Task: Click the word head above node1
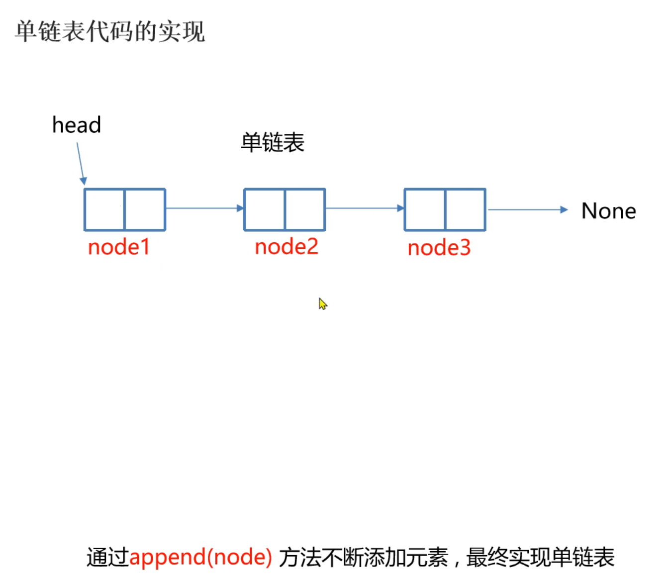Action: pyautogui.click(x=77, y=125)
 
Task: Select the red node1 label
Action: pyautogui.click(x=118, y=247)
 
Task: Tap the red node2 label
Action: pyautogui.click(x=286, y=247)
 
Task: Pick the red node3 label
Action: pyautogui.click(x=439, y=248)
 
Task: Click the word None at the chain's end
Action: pyautogui.click(x=608, y=211)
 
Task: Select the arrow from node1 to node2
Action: pyautogui.click(x=204, y=208)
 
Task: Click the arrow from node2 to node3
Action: pyautogui.click(x=365, y=208)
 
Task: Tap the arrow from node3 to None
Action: pyautogui.click(x=527, y=209)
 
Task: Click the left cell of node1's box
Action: pyautogui.click(x=104, y=209)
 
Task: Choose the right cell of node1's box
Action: pyautogui.click(x=145, y=209)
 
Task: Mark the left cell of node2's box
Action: pyautogui.click(x=264, y=209)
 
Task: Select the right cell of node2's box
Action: pyautogui.click(x=305, y=209)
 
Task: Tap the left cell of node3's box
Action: pyautogui.click(x=424, y=209)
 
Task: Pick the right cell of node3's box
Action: pyautogui.click(x=465, y=209)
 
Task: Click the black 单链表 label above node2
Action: pyautogui.click(x=273, y=143)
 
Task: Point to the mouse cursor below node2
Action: pyautogui.click(x=322, y=303)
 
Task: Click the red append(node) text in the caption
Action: pyautogui.click(x=200, y=557)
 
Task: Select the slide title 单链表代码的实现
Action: pyautogui.click(x=110, y=32)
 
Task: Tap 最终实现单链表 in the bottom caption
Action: pyautogui.click(x=540, y=557)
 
